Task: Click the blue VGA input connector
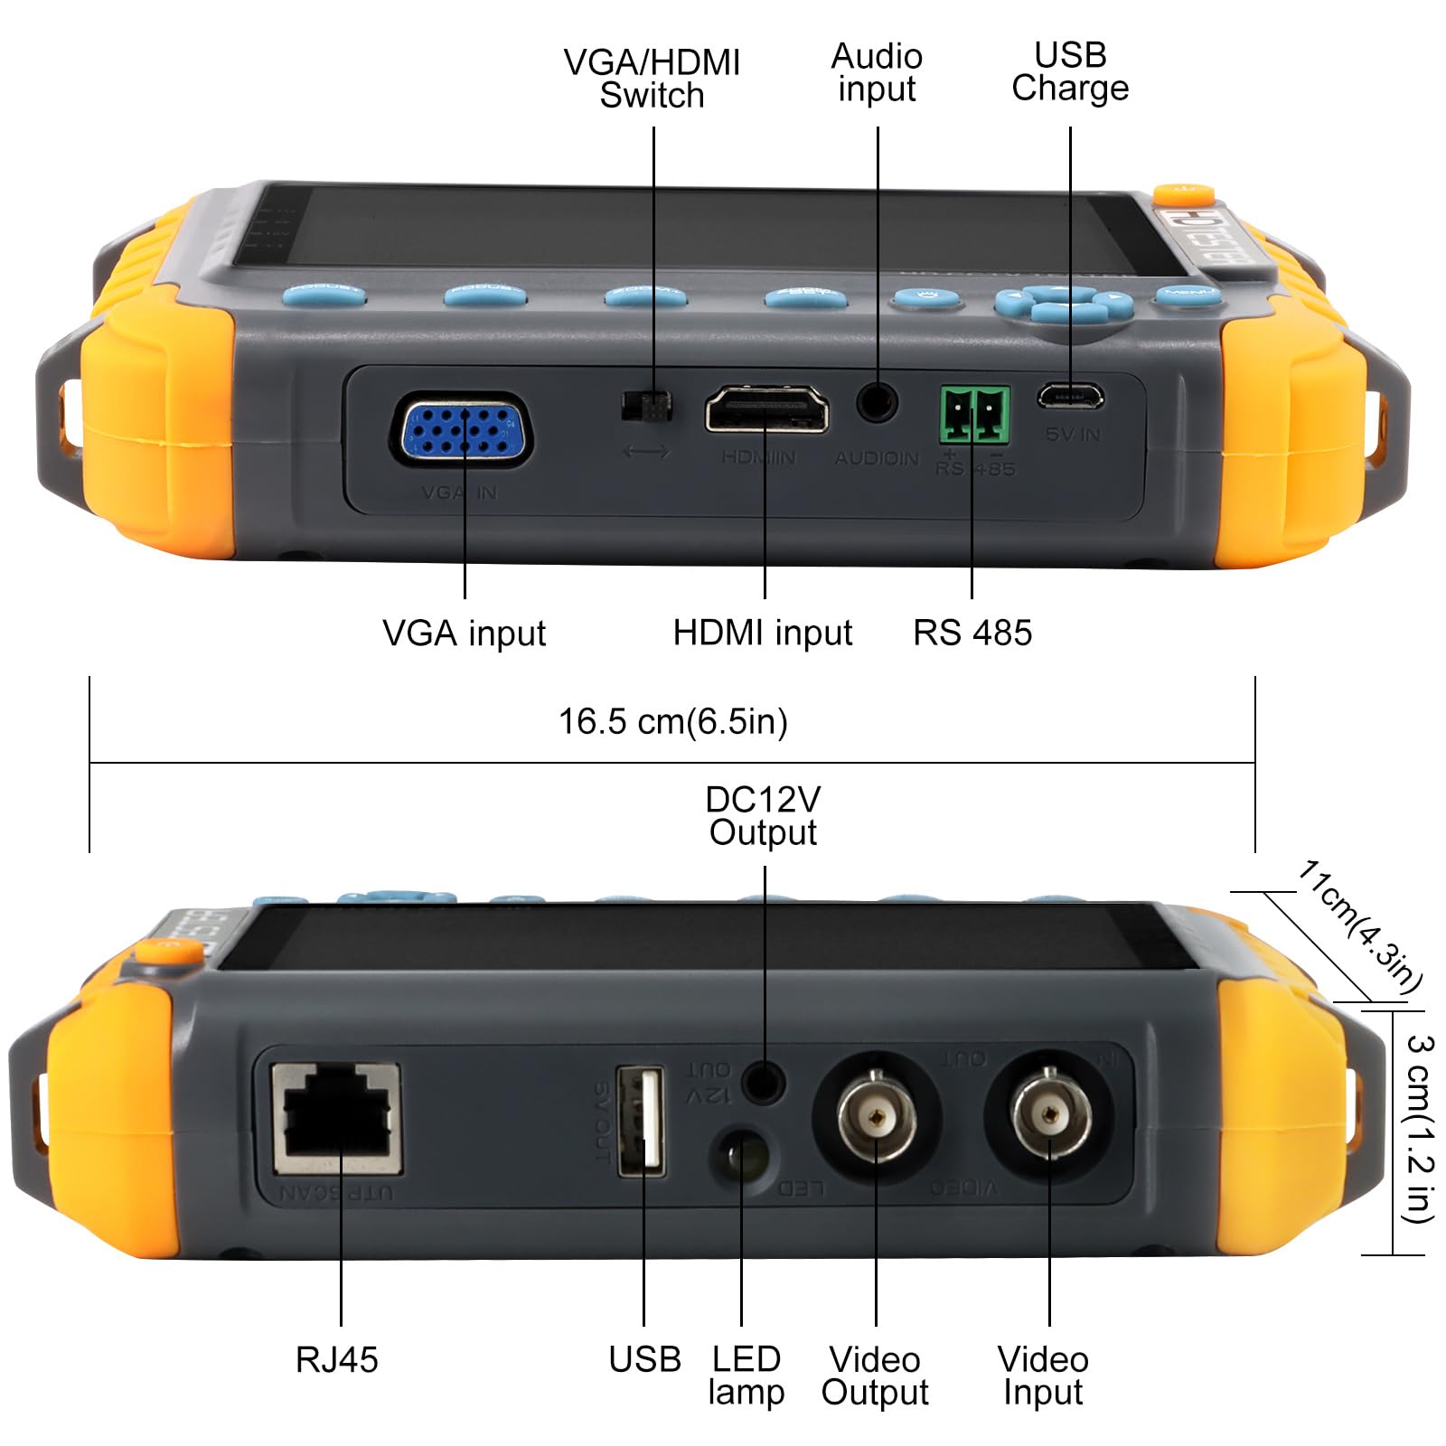click(462, 431)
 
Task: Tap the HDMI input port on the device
click(765, 408)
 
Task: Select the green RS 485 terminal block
click(974, 415)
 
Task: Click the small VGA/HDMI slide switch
click(647, 406)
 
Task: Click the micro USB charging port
click(1070, 396)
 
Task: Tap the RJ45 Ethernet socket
click(338, 1119)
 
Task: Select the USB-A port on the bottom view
click(641, 1121)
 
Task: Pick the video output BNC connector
click(877, 1117)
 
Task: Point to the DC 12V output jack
click(764, 1080)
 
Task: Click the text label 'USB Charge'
click(1070, 72)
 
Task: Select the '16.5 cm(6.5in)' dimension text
click(673, 721)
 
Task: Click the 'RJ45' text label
click(336, 1360)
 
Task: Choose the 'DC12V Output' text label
click(763, 816)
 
